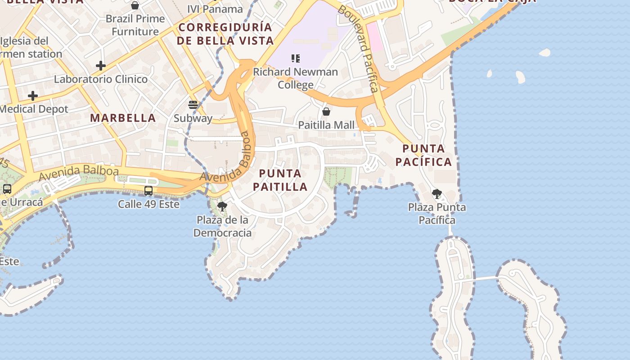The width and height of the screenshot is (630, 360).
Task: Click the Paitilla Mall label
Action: pyautogui.click(x=326, y=125)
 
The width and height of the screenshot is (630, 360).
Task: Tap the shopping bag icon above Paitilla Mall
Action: pyautogui.click(x=326, y=112)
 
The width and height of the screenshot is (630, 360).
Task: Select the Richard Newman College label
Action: pyautogui.click(x=295, y=78)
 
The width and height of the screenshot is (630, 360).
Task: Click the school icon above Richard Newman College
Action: pyautogui.click(x=295, y=58)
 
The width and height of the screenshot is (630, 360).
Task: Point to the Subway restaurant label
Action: pyautogui.click(x=193, y=118)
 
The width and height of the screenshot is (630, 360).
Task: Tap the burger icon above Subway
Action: pyautogui.click(x=193, y=105)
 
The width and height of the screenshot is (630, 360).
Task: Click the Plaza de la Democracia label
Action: pyautogui.click(x=222, y=226)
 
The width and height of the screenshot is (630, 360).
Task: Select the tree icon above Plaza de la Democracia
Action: pyautogui.click(x=222, y=207)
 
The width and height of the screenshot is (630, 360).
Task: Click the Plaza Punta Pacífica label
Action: pyautogui.click(x=436, y=214)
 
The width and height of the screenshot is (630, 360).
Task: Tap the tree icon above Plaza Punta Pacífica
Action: pyautogui.click(x=436, y=194)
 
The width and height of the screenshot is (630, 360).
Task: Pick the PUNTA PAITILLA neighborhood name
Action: pyautogui.click(x=280, y=180)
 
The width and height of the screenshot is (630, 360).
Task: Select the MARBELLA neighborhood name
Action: pyautogui.click(x=123, y=118)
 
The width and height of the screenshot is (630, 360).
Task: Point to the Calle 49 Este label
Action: pyautogui.click(x=148, y=204)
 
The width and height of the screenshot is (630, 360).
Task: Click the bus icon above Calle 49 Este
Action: pyautogui.click(x=148, y=191)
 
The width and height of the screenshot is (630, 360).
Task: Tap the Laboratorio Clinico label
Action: pyautogui.click(x=101, y=79)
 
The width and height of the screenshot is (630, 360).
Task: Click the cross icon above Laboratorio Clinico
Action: pyautogui.click(x=101, y=66)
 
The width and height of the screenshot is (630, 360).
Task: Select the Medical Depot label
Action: pyautogui.click(x=33, y=109)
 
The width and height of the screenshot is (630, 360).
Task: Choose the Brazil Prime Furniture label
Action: pyautogui.click(x=135, y=25)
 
